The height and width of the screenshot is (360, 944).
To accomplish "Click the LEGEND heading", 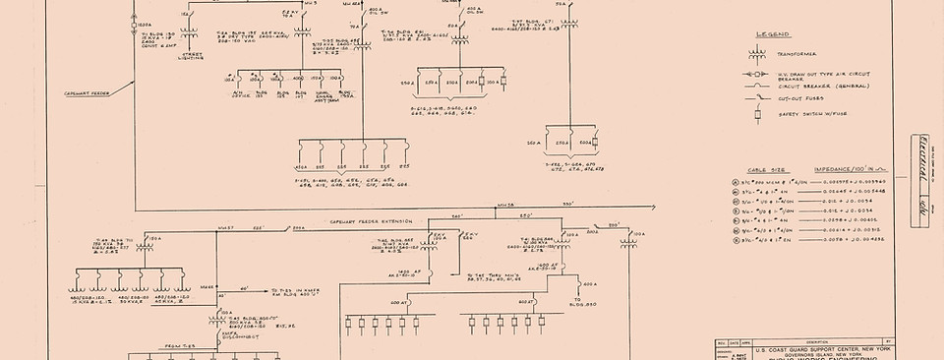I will (x=772, y=34).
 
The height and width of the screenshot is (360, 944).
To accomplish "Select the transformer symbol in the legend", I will (x=757, y=55).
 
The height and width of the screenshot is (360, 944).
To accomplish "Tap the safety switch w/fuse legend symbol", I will (x=757, y=112).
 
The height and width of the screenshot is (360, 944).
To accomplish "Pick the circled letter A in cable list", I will (x=737, y=183).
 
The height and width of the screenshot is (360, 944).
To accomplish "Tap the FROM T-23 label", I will (x=177, y=345).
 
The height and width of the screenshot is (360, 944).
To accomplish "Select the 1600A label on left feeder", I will (x=144, y=25).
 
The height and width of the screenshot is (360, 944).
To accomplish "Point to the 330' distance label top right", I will (x=567, y=204).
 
